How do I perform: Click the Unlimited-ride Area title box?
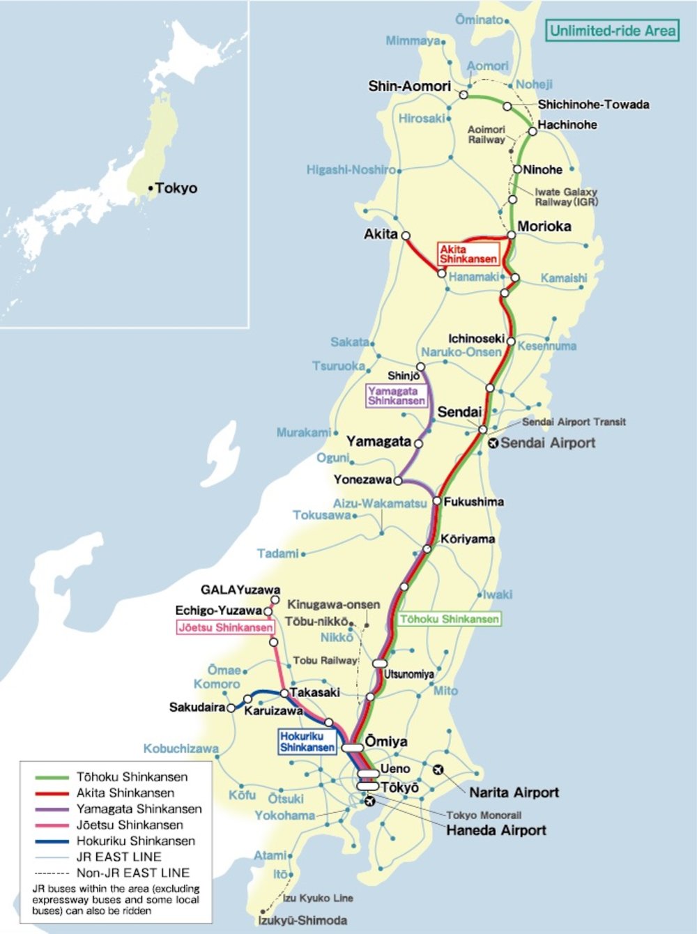612,31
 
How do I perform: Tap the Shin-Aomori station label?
409,86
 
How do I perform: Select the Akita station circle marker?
406,236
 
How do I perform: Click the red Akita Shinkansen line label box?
468,254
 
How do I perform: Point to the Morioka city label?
544,227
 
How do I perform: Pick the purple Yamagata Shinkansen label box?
396,396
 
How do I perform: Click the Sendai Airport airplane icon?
493,443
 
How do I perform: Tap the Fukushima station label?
473,502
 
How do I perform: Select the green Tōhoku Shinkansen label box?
450,619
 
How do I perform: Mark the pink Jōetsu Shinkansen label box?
225,627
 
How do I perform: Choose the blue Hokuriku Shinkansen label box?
307,742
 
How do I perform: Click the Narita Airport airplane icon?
438,770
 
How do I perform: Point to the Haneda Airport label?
496,830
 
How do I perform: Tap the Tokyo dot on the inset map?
150,188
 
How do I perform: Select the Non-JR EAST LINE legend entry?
132,873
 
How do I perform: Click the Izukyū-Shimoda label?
302,921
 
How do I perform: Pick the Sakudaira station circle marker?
231,707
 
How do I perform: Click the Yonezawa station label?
362,480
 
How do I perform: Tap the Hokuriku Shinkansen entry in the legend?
135,841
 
